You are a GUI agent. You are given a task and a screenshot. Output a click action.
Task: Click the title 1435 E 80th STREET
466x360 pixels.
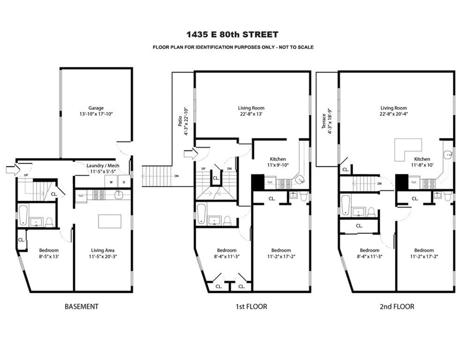click(x=233, y=34)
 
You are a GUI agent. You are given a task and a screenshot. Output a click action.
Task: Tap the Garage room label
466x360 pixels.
click(x=96, y=108)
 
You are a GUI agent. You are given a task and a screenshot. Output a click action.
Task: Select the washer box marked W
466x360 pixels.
click(x=111, y=182)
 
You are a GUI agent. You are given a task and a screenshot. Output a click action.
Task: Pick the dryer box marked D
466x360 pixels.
click(x=124, y=182)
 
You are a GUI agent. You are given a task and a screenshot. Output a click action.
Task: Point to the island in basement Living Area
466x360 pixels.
click(x=110, y=221)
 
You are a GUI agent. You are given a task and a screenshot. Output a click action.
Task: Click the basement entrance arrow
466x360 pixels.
click(x=12, y=169)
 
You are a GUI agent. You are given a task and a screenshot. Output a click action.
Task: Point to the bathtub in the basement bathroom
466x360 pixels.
click(x=23, y=217)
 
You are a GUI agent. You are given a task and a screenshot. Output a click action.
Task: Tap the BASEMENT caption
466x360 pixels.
click(x=81, y=307)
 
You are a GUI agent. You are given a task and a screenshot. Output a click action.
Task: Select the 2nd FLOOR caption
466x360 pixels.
click(x=397, y=307)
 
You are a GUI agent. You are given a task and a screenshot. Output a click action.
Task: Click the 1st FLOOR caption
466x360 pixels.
click(x=251, y=307)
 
